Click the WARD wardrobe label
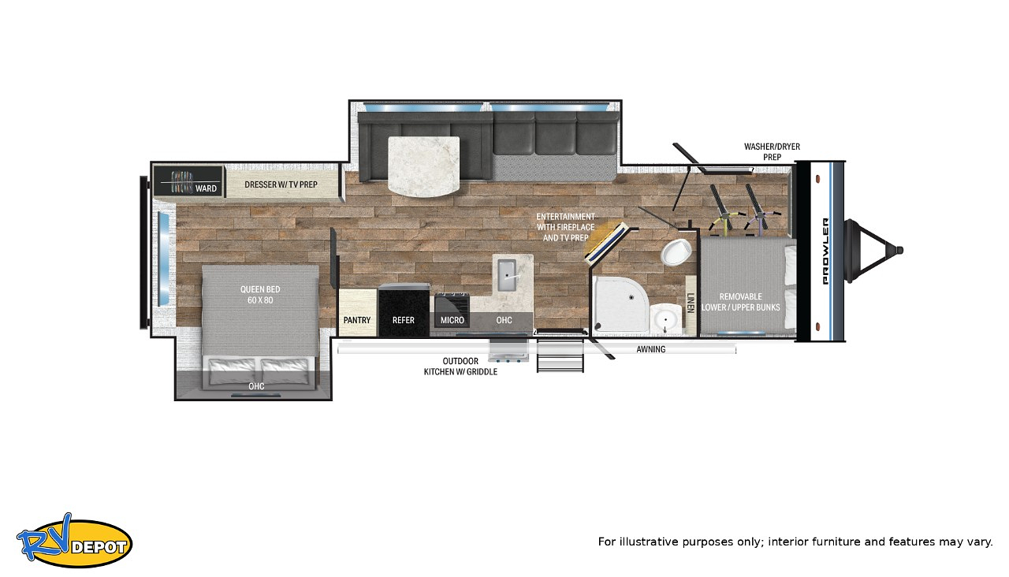point(206,188)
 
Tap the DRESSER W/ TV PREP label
point(281,184)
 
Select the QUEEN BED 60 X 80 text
point(260,295)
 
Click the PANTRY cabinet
point(357,313)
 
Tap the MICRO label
point(452,320)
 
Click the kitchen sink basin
point(507,275)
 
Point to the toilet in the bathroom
point(676,251)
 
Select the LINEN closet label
point(691,302)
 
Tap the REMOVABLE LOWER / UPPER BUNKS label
point(740,302)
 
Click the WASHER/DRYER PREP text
point(772,152)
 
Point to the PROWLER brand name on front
point(825,251)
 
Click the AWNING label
point(651,349)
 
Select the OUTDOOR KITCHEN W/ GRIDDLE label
point(460,367)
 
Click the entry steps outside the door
point(560,356)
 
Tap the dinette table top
point(423,166)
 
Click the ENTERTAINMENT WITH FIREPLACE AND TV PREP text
point(565,227)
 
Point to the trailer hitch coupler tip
point(899,251)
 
